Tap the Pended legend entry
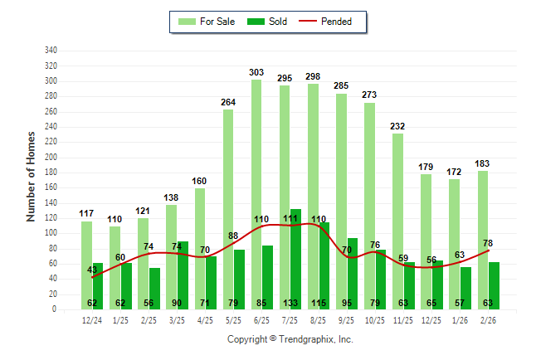(334, 22)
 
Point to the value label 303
(256, 73)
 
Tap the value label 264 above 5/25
(228, 103)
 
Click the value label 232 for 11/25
(398, 126)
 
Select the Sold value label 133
(296, 303)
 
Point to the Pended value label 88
(234, 236)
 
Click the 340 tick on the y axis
(51, 51)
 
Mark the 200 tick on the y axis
(51, 158)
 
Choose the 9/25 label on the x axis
(347, 320)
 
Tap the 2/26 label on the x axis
(489, 320)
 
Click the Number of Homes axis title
(32, 176)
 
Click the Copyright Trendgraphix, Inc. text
(290, 339)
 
